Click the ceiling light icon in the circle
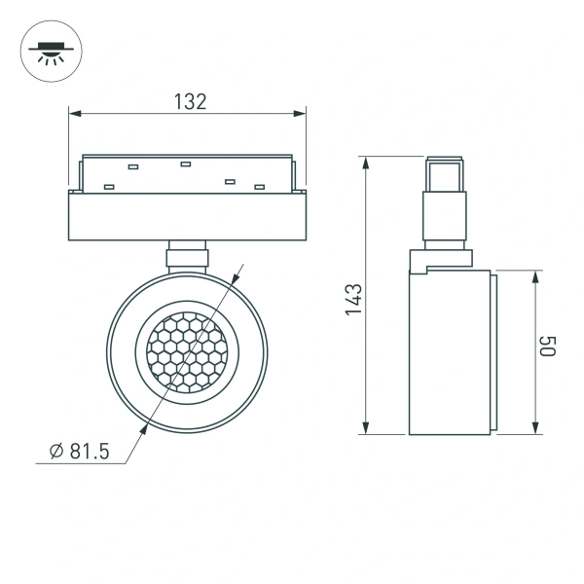[x=48, y=50]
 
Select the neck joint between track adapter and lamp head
[x=187, y=255]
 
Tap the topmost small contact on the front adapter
[x=186, y=164]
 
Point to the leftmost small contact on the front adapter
[x=109, y=186]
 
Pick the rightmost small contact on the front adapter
[x=259, y=186]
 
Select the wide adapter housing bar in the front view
[x=187, y=215]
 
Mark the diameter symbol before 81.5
[x=56, y=450]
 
